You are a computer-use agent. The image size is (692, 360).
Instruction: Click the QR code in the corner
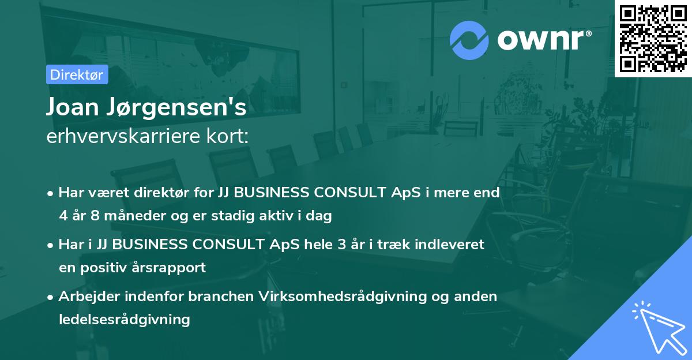point(653,39)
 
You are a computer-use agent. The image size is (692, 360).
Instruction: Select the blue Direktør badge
point(77,74)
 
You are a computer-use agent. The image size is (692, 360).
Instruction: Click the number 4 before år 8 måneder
point(63,216)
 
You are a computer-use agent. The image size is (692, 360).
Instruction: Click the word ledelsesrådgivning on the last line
point(124,319)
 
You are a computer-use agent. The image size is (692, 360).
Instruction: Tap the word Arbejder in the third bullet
point(87,297)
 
